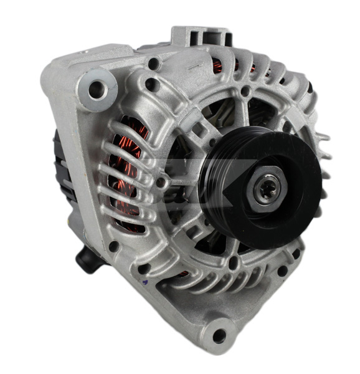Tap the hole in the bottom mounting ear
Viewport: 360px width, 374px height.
coord(219,335)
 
